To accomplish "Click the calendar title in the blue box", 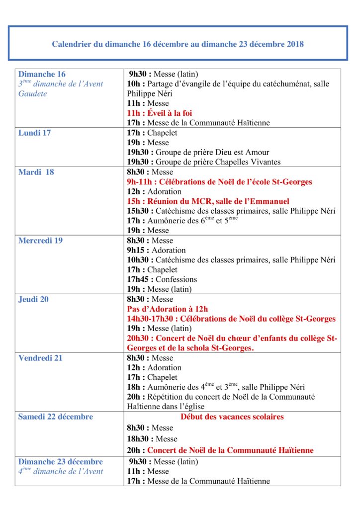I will point(178,44).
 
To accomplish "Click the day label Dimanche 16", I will point(42,74).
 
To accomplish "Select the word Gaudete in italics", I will point(32,93).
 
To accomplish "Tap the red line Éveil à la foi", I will point(160,113).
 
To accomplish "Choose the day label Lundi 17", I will point(34,133).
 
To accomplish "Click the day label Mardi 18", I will point(36,172).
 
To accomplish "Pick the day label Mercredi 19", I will point(40,241).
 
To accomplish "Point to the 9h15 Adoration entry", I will point(156,250).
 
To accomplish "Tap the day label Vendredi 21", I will point(40,358).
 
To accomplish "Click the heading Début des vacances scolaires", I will point(232,417).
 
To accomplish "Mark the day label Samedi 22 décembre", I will point(55,417).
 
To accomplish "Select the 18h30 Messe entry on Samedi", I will point(152,439).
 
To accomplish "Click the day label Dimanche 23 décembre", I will point(60,462).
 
